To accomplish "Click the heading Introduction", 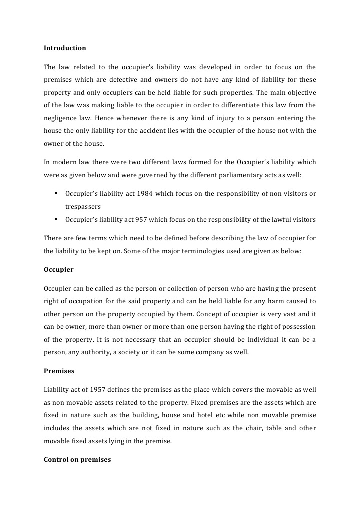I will point(65,48).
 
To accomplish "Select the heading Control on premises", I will point(77,459).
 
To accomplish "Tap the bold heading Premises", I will point(59,372).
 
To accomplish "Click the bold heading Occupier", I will point(59,270).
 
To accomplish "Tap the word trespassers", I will point(83,206).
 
